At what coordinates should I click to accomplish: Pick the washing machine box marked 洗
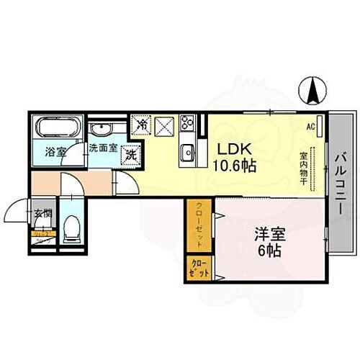coord(132,153)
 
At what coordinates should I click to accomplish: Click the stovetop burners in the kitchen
coord(187,123)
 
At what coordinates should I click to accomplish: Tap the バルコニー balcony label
coord(340,176)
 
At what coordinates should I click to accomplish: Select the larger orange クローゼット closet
coord(199,224)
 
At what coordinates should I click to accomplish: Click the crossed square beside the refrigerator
coord(165,127)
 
